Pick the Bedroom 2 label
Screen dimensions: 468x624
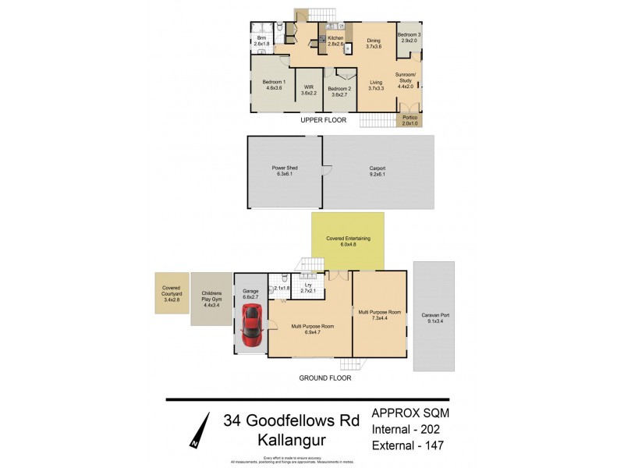click(x=339, y=90)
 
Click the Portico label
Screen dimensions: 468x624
click(x=409, y=120)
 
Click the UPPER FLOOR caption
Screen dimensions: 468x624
click(x=324, y=120)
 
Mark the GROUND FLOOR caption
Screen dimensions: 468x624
click(x=325, y=378)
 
